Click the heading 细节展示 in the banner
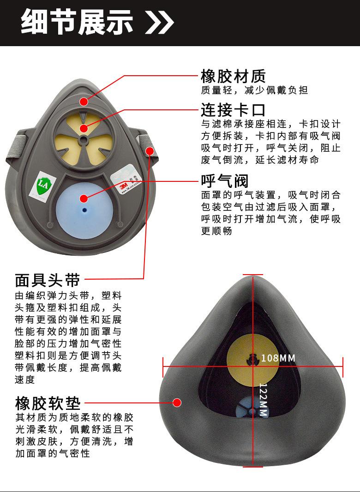click(77, 22)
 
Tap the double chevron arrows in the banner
click(159, 22)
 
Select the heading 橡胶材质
click(233, 76)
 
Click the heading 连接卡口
click(233, 110)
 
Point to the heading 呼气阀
click(225, 180)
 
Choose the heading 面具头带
click(48, 280)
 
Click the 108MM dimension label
click(278, 358)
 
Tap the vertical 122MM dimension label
click(263, 400)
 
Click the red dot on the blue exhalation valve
click(84, 198)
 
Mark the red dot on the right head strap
click(149, 151)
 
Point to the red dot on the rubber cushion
click(177, 402)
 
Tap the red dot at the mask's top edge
click(84, 101)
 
